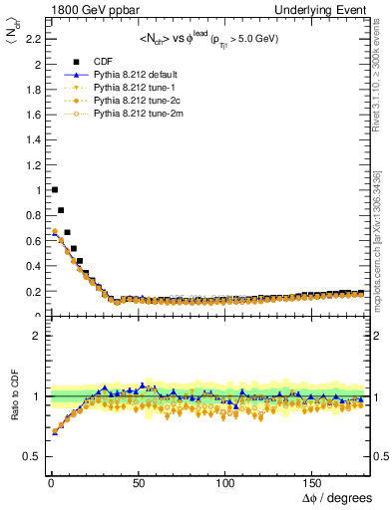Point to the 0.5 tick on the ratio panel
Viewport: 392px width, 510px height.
pos(28,456)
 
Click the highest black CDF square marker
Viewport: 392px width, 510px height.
pos(55,189)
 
